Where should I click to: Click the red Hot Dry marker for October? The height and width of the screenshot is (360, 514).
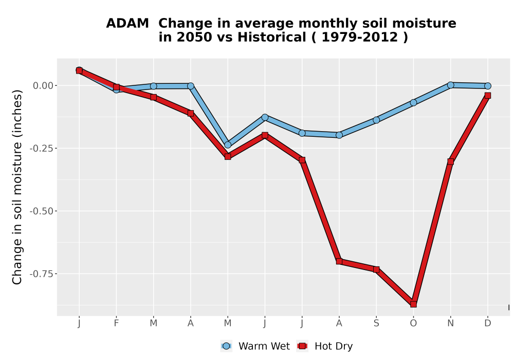[413, 304]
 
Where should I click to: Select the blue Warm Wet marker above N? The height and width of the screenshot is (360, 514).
[450, 85]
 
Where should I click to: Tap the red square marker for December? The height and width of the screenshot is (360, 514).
[487, 96]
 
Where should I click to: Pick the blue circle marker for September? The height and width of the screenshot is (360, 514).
[376, 120]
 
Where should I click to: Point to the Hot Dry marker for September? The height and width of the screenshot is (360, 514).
[376, 269]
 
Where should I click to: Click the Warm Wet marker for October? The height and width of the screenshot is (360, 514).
[413, 103]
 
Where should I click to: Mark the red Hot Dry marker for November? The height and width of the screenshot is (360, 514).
[450, 161]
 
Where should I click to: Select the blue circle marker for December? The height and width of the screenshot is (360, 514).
[487, 86]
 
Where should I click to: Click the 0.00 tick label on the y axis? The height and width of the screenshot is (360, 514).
[43, 85]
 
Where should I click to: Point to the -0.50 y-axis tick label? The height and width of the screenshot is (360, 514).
[41, 211]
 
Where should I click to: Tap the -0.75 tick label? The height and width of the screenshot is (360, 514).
[41, 274]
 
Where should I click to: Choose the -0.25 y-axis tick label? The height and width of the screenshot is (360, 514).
[41, 149]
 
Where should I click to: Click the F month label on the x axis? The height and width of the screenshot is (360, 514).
[116, 323]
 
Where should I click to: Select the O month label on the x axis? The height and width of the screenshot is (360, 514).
[413, 323]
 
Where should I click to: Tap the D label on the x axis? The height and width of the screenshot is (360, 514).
[487, 323]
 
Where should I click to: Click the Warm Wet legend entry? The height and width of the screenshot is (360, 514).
[255, 346]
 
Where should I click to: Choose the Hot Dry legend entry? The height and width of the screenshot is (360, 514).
[324, 346]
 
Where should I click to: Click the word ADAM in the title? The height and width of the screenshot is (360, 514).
[127, 23]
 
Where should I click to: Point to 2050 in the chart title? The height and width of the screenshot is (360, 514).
[194, 37]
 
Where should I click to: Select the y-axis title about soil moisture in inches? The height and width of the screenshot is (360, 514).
[17, 187]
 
